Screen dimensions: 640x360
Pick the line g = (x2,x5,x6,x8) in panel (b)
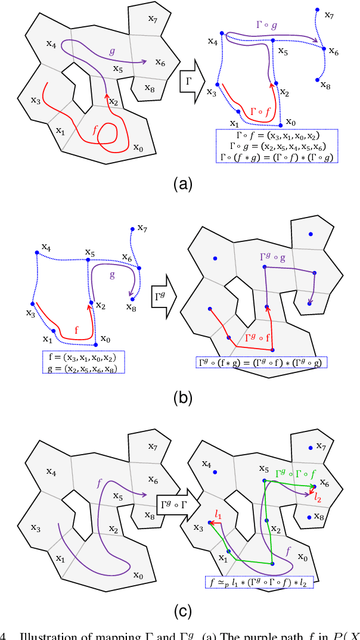pos(83,368)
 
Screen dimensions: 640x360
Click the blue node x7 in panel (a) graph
pos(317,10)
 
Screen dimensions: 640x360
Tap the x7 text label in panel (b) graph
pos(142,228)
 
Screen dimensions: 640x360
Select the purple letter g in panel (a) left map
pos(111,51)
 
